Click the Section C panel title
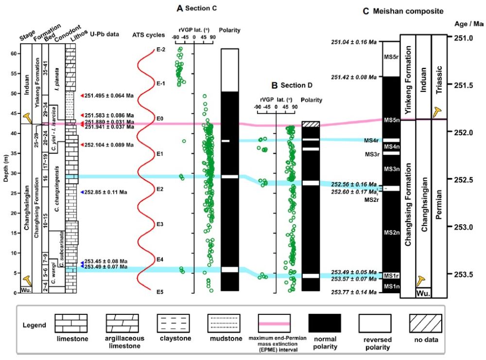196,9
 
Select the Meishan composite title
403,11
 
